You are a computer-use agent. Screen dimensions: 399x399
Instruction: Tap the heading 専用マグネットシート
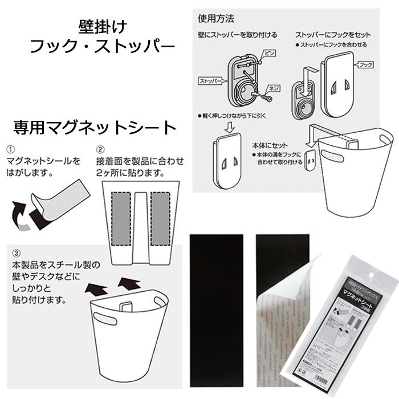(95, 127)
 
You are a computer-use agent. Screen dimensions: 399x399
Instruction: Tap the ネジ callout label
(275, 88)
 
